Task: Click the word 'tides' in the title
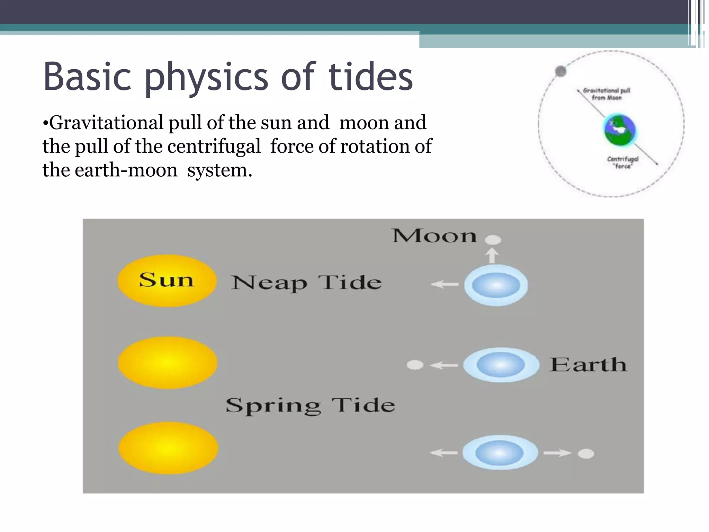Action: (x=370, y=77)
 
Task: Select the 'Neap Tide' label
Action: (x=306, y=282)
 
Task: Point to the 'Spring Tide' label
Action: (x=310, y=405)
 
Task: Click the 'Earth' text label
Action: (x=589, y=365)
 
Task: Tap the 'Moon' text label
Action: (x=435, y=236)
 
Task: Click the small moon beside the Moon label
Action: (x=493, y=240)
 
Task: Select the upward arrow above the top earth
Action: (x=492, y=256)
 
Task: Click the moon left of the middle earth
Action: (x=415, y=365)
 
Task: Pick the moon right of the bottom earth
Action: (x=586, y=453)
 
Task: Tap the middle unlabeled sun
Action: (x=168, y=363)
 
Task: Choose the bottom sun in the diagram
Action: (x=168, y=447)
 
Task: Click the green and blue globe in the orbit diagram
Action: (x=620, y=130)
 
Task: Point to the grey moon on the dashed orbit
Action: (x=560, y=71)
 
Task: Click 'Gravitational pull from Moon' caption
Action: (x=607, y=94)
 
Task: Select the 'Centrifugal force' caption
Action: (x=623, y=162)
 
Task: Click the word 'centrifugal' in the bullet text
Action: (x=214, y=146)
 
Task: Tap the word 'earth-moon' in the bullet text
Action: (x=126, y=170)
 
